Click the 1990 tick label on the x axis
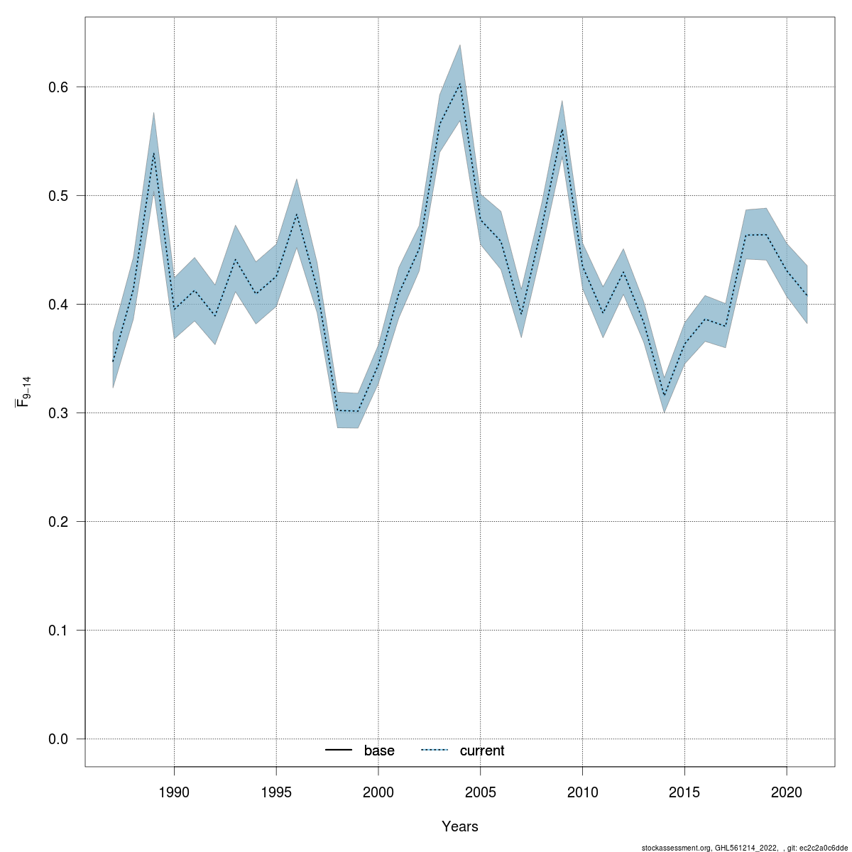coord(174,792)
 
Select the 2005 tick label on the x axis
coord(481,792)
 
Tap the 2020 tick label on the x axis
coord(787,792)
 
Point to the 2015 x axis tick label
coord(684,792)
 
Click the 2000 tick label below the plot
coord(378,792)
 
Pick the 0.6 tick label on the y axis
coord(58,87)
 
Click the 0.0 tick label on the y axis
coord(58,739)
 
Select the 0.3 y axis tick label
coord(58,413)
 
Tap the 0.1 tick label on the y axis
coord(58,630)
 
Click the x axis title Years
coord(460,826)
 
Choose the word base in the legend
coord(379,750)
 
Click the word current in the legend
coord(482,750)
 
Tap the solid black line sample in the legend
coord(339,750)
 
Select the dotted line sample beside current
coord(435,750)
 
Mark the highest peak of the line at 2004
coord(460,83)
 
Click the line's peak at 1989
coord(153,153)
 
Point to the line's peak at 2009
coord(562,129)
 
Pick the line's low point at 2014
coord(665,396)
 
